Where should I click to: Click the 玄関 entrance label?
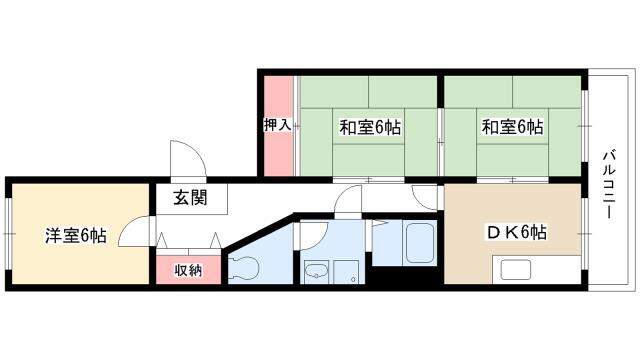[x=191, y=198]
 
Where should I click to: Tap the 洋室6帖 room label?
[x=76, y=236]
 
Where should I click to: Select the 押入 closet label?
[x=278, y=125]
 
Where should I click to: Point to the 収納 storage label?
[x=189, y=270]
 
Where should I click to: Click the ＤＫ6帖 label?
[x=516, y=232]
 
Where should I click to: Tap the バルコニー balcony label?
[x=609, y=184]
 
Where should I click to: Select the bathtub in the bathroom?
[x=418, y=244]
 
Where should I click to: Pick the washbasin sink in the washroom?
[x=316, y=271]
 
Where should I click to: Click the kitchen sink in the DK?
[x=516, y=270]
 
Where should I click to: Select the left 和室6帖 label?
[x=370, y=127]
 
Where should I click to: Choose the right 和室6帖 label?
[x=512, y=127]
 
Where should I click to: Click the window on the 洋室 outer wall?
[x=9, y=234]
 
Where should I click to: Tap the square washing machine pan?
[x=346, y=272]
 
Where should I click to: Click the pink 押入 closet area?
[x=278, y=126]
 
